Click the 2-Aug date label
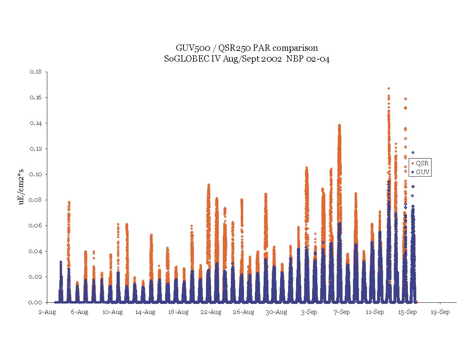coord(47,312)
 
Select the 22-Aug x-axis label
coord(211,312)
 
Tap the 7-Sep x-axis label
coord(342,312)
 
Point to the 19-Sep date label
coord(440,312)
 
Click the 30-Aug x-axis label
coord(276,312)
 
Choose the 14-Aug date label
coord(145,312)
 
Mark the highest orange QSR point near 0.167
coord(389,88)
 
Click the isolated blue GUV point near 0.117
coord(413,153)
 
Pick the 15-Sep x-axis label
coord(407,312)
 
